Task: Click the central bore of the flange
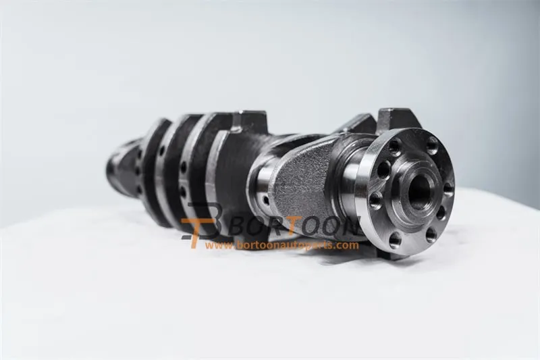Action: tap(419, 190)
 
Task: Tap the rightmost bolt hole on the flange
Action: tap(448, 188)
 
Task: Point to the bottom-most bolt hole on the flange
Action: tap(395, 238)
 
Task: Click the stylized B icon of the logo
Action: tap(202, 223)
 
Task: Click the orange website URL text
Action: tap(282, 245)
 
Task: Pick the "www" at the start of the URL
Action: tap(217, 245)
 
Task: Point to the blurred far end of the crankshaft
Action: tap(118, 165)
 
